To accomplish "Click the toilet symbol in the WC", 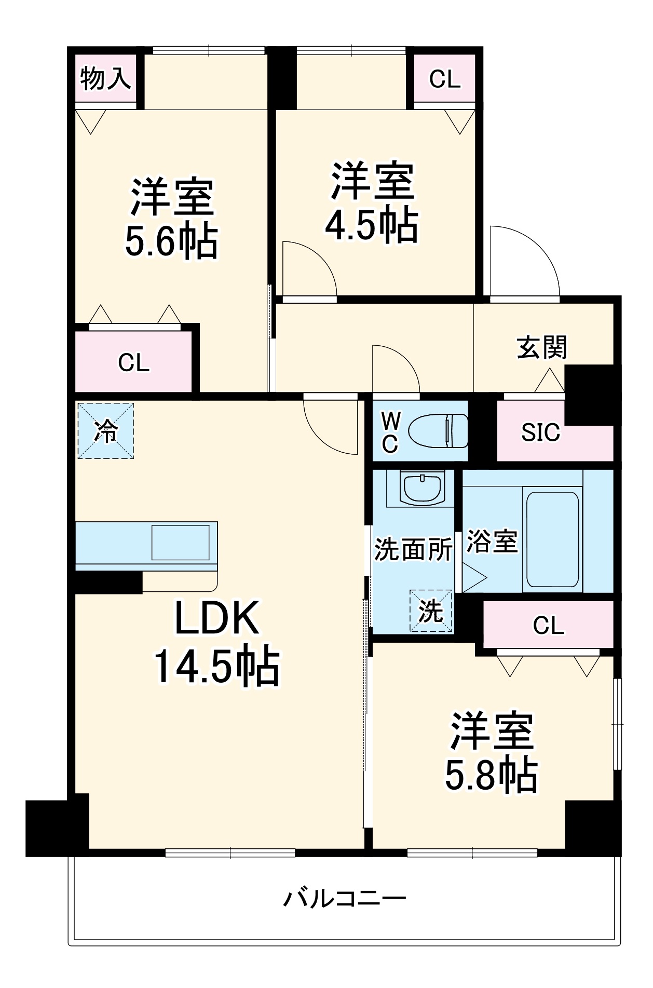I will pos(438,430).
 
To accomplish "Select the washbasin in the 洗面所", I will pos(421,489).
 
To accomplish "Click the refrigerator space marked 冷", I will pos(106,431).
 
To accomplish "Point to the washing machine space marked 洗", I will pos(431,611).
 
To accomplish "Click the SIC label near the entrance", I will pos(540,432).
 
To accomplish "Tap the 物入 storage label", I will pos(105,79).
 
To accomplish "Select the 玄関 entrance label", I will pos(542,347).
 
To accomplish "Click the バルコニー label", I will pos(345,898).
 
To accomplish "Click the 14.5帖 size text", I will pos(216,667).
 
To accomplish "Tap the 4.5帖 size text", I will pos(372,224).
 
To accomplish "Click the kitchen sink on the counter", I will pos(180,542).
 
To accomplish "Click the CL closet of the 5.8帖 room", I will pos(548,625).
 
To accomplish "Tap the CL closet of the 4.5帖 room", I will pos(445,79).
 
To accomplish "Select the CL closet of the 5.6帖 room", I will pos(133,362).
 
